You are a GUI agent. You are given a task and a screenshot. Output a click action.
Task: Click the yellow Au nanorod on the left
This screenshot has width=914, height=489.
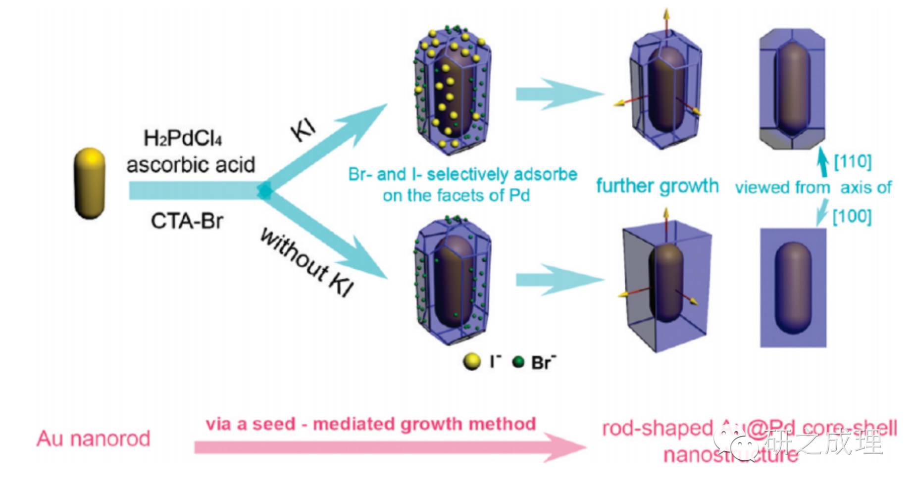(90, 183)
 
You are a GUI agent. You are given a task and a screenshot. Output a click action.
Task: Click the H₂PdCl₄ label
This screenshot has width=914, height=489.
(183, 138)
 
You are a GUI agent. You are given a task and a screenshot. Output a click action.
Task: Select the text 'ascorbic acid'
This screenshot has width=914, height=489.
(191, 164)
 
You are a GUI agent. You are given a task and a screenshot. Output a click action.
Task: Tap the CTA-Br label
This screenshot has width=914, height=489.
(187, 221)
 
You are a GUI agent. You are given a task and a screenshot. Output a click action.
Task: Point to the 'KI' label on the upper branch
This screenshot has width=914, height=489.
(303, 131)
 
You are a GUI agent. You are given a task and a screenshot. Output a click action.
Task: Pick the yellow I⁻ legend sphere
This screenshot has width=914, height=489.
(472, 362)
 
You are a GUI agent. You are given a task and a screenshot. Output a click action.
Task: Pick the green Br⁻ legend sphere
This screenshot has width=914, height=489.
(518, 362)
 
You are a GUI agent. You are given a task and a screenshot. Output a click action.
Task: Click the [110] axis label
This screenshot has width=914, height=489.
(852, 161)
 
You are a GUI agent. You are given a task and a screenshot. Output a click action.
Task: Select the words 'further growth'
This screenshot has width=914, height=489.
(657, 186)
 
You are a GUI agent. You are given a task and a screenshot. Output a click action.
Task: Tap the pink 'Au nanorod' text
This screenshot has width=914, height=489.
(94, 439)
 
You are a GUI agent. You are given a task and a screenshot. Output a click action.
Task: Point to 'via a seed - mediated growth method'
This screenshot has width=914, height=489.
(371, 424)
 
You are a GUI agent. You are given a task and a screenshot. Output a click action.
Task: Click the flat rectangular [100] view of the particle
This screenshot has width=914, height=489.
(793, 287)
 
